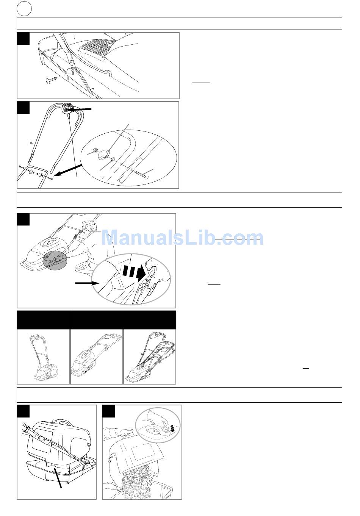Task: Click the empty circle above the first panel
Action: (x=24, y=9)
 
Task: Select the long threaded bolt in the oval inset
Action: (x=140, y=174)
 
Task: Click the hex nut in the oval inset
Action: (x=94, y=151)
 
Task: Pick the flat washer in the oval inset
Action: (x=113, y=159)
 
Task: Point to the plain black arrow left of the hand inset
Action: (x=87, y=283)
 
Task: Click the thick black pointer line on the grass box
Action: (x=58, y=476)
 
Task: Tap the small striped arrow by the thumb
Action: (x=172, y=428)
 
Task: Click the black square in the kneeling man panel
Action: (x=23, y=219)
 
